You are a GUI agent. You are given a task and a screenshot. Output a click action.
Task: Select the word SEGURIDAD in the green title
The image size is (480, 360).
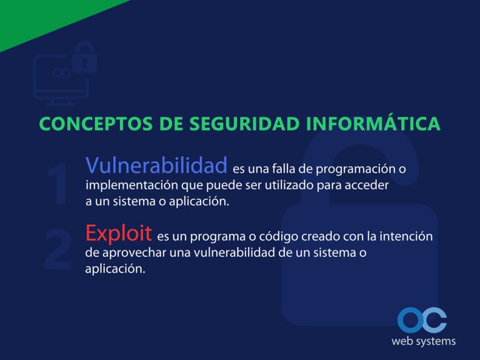238,124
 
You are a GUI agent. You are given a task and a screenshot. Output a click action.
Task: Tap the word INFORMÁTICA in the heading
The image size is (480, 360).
373,124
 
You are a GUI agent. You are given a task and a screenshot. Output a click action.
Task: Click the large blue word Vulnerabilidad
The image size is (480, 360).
156,166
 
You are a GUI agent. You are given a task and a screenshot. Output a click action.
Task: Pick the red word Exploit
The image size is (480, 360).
119,233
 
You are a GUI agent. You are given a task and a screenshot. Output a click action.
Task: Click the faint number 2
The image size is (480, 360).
58,251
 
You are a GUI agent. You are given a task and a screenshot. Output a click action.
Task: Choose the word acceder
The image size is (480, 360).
369,186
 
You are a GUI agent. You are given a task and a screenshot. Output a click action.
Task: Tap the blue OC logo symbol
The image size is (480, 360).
422,320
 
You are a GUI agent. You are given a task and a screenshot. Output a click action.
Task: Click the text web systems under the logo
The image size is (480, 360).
423,341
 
